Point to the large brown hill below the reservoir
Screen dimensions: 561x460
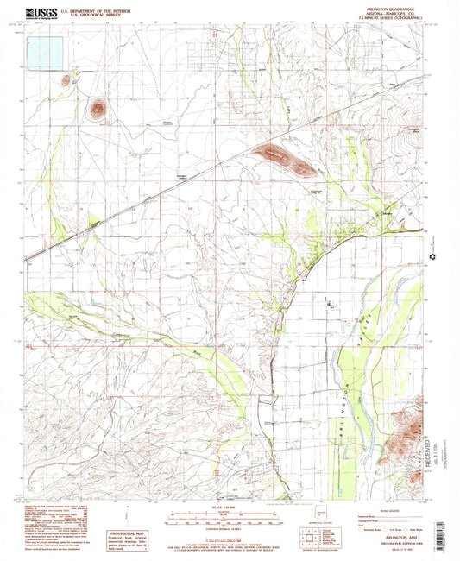98,109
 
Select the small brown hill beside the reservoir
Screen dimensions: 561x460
66,81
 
